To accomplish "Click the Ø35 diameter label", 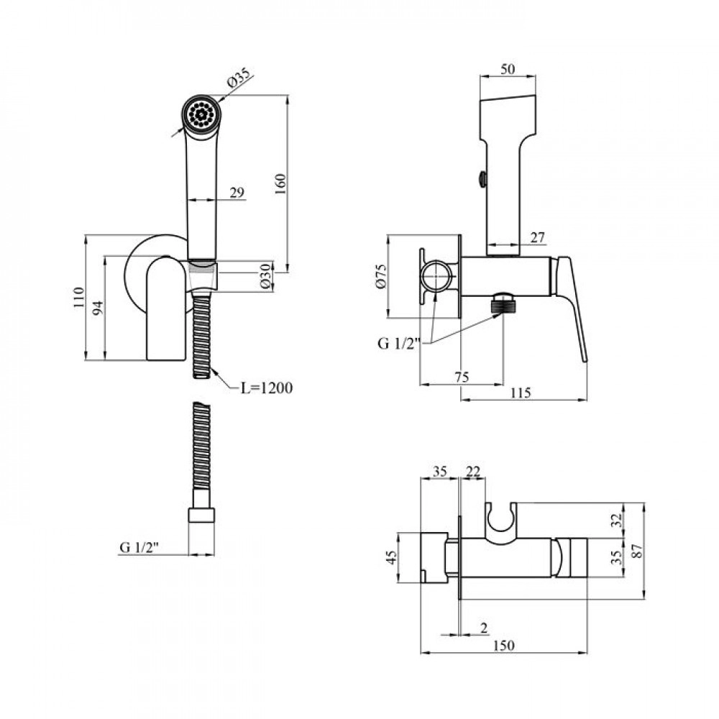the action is coord(239,78).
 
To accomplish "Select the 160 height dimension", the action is coord(280,183).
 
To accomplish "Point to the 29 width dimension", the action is coord(237,193).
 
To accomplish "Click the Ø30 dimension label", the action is coord(266,275).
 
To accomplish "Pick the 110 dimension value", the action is coord(79,297).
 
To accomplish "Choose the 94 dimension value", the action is coord(98,308).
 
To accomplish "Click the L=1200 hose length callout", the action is coord(267,388).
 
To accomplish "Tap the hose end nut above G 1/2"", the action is coord(202,515).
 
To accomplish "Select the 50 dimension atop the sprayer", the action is coord(508,69).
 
